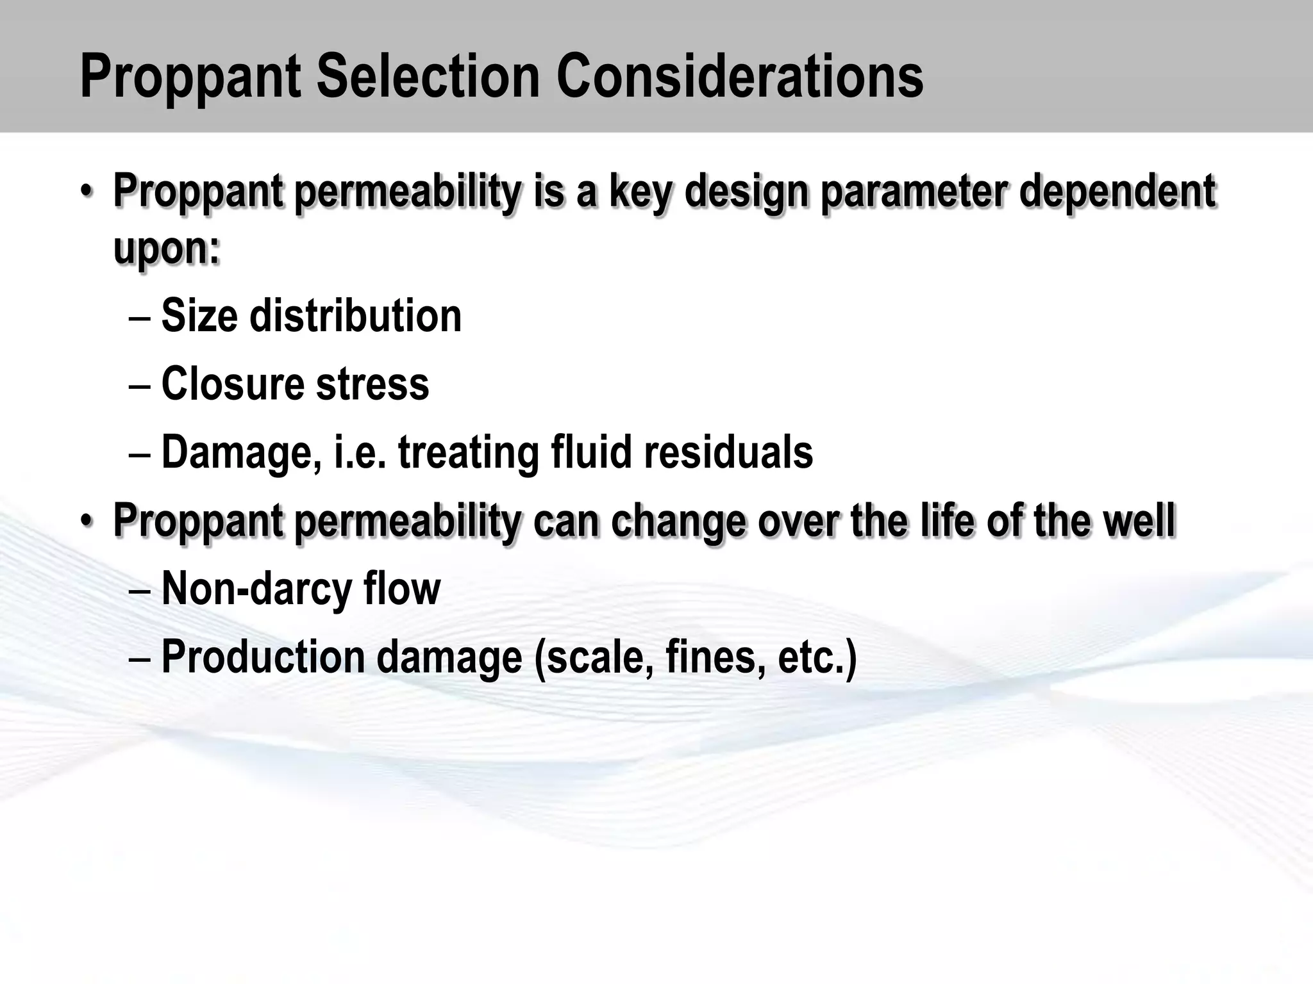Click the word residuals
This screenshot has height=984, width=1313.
(728, 452)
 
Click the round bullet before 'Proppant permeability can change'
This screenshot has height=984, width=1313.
(87, 520)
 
